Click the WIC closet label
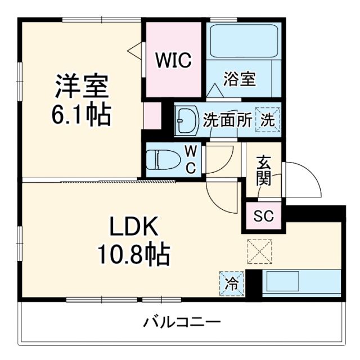coord(173,59)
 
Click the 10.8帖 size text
coord(133,255)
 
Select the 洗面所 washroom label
coord(227,119)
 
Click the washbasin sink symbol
coord(186,120)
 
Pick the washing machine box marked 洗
coord(267,119)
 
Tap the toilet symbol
coord(161,159)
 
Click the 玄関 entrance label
coord(263,170)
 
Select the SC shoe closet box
coord(263,215)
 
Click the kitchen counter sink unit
coord(302,282)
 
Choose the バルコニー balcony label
coord(181,323)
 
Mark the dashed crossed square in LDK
coord(259,251)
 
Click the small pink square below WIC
coord(151,115)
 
